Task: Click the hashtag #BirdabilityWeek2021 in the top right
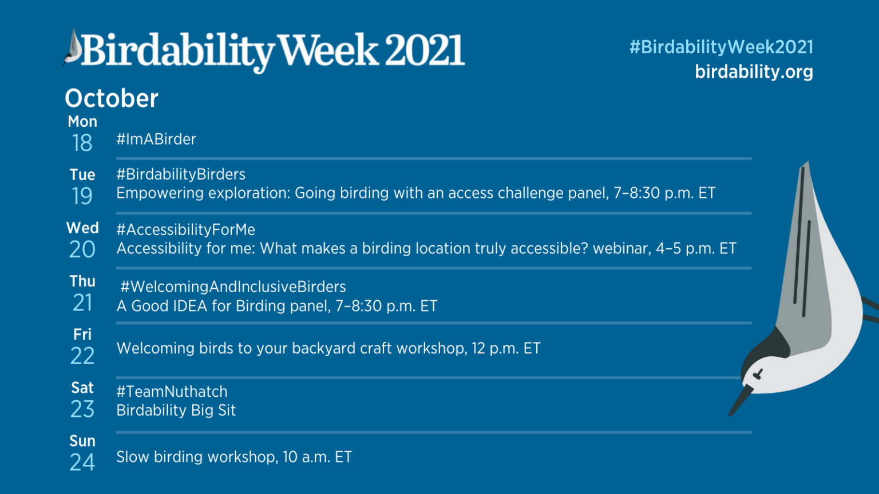coord(721,47)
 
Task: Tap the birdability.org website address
coord(754,72)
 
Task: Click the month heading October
coord(112,98)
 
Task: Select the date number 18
coord(82,143)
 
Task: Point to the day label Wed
coord(82,228)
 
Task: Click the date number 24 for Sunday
coord(82,462)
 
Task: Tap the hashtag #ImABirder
coord(156,140)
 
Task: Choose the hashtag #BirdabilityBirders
coord(181,174)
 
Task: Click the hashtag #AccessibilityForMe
coord(186,230)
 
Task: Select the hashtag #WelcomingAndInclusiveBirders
coord(233,287)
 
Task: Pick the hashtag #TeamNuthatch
coord(172,392)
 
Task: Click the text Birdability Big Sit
coord(176,411)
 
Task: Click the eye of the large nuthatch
coord(758,375)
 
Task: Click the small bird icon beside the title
coord(73,48)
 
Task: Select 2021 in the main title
coord(424,51)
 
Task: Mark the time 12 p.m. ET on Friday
coord(506,349)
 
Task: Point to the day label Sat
coord(82,388)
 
